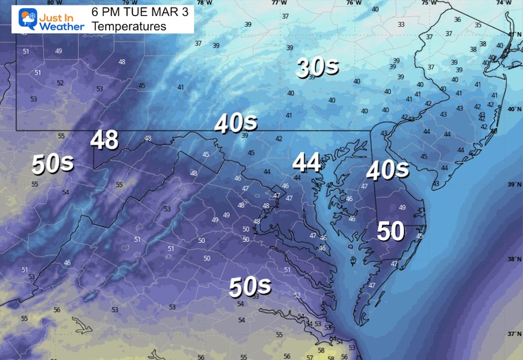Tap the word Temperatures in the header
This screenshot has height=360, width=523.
tap(129, 26)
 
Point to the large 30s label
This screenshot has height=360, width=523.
tap(317, 67)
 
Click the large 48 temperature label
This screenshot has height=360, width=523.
tap(105, 140)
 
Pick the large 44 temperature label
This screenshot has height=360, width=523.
tap(307, 162)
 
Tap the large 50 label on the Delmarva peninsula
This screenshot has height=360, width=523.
tap(390, 231)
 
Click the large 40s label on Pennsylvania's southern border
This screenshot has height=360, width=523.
tap(235, 123)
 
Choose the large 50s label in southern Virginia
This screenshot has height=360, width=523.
tap(249, 285)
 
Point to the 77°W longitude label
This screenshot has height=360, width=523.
tap(278, 3)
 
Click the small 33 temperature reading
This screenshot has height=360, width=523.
tap(401, 25)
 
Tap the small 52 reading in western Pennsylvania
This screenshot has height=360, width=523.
tap(61, 83)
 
